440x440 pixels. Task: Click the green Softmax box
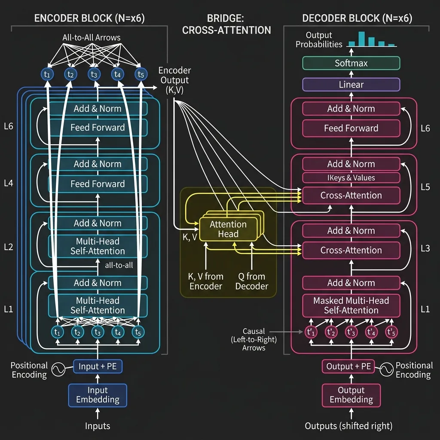tap(351, 63)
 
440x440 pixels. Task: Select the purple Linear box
tap(351, 85)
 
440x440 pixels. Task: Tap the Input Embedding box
tap(98, 395)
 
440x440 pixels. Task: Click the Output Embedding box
tap(351, 395)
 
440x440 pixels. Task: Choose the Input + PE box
tap(98, 367)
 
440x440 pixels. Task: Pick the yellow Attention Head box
tap(228, 229)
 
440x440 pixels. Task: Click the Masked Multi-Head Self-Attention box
tap(351, 305)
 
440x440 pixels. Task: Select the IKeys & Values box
tap(351, 178)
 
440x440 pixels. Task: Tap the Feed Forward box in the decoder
tap(351, 128)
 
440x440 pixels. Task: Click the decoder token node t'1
tap(311, 332)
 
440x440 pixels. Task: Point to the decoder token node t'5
tap(391, 332)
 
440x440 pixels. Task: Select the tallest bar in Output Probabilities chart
tap(361, 38)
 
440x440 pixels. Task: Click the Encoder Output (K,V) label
tap(174, 80)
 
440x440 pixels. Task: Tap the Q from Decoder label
tap(252, 281)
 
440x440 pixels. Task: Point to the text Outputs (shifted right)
tap(348, 426)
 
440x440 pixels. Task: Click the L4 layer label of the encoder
tap(8, 183)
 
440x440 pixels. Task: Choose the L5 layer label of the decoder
tap(425, 187)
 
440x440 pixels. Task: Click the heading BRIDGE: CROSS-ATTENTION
tap(226, 24)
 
